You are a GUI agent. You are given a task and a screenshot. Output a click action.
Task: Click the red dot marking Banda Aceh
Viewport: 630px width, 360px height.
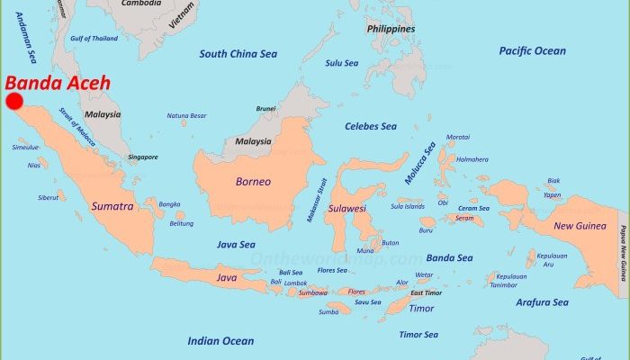pyautogui.click(x=14, y=102)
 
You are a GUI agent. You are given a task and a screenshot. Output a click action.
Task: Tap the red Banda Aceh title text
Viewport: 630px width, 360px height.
pyautogui.click(x=58, y=83)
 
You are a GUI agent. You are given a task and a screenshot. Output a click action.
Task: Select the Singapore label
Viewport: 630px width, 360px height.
pyautogui.click(x=142, y=157)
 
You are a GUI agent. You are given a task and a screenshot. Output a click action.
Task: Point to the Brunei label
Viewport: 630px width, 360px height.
pyautogui.click(x=265, y=109)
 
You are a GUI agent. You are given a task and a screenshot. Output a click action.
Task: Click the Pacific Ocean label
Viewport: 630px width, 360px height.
pyautogui.click(x=533, y=51)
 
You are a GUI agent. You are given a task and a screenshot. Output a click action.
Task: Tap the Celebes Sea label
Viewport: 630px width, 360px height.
pyautogui.click(x=371, y=126)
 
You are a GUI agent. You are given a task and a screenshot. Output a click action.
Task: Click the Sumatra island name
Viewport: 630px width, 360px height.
pyautogui.click(x=112, y=206)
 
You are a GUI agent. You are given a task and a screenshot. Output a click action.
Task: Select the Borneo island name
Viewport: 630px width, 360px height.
pyautogui.click(x=253, y=182)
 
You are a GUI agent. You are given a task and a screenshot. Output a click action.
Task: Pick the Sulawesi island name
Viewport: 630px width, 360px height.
pyautogui.click(x=346, y=208)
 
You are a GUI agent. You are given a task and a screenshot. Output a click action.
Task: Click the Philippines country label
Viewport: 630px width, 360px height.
pyautogui.click(x=391, y=29)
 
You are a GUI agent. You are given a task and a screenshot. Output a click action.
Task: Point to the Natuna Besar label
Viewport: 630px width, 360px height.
pyautogui.click(x=186, y=116)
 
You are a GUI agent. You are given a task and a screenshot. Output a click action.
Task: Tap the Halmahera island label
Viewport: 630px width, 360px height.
pyautogui.click(x=472, y=159)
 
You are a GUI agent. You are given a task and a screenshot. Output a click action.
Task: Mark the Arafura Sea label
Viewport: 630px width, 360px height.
pyautogui.click(x=542, y=302)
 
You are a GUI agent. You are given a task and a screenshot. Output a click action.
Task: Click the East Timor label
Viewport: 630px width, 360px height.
pyautogui.click(x=427, y=293)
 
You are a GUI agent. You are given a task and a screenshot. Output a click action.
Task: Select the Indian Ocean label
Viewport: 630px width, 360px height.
pyautogui.click(x=220, y=341)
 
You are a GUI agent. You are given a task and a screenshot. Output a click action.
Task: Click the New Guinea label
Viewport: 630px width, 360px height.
pyautogui.click(x=577, y=226)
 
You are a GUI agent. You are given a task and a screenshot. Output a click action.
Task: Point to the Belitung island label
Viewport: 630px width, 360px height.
pyautogui.click(x=181, y=223)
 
